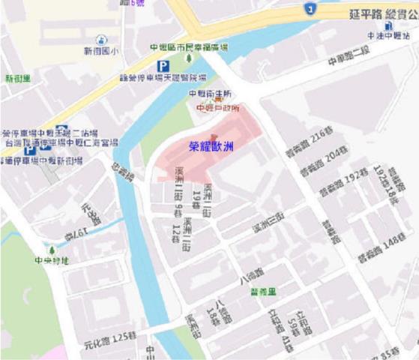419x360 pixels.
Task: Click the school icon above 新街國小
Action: pyautogui.click(x=101, y=40)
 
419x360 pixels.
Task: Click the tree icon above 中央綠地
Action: pyautogui.click(x=52, y=250)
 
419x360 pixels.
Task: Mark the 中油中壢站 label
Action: pyautogui.click(x=388, y=36)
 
